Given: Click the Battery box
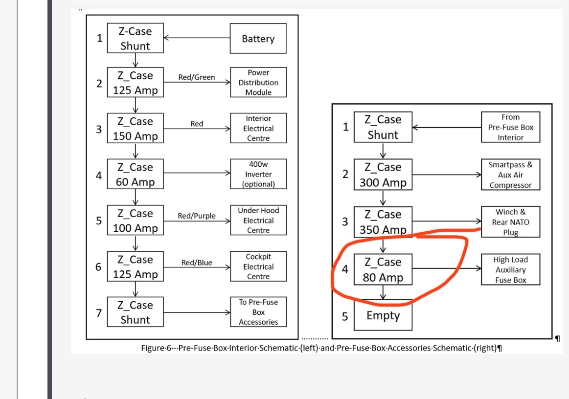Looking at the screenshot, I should click(258, 39).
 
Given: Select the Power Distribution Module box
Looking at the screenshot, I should click(258, 83).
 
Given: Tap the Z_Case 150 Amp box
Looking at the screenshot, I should click(135, 129).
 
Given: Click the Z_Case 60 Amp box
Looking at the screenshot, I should click(135, 175).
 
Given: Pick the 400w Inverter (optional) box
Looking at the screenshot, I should click(258, 175).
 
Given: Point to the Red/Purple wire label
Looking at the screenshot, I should click(196, 216).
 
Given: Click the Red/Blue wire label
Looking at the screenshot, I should click(197, 263).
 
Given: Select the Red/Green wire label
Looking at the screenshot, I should click(196, 77).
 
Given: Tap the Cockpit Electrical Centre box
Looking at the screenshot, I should click(258, 266).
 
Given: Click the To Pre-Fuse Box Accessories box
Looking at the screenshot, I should click(258, 312).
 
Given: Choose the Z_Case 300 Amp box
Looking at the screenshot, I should click(383, 175).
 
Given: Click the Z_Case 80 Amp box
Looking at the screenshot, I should click(383, 270).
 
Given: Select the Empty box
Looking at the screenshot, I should click(383, 315).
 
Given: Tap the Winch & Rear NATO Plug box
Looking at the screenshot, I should click(510, 222).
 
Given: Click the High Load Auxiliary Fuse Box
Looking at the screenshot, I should click(510, 270).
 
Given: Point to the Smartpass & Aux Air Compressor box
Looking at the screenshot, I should click(510, 175).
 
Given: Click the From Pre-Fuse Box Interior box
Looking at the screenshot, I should click(510, 127).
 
